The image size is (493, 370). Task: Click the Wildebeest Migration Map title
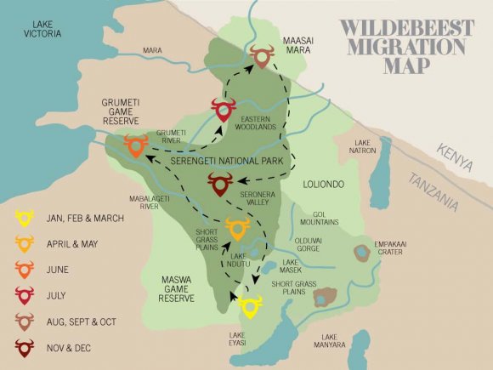pos(406,45)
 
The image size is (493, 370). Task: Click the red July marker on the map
pos(224,111)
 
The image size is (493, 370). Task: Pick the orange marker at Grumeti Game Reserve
pos(135,145)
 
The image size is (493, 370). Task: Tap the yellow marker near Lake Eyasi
pos(249,305)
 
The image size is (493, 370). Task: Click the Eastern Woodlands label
pos(259,122)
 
